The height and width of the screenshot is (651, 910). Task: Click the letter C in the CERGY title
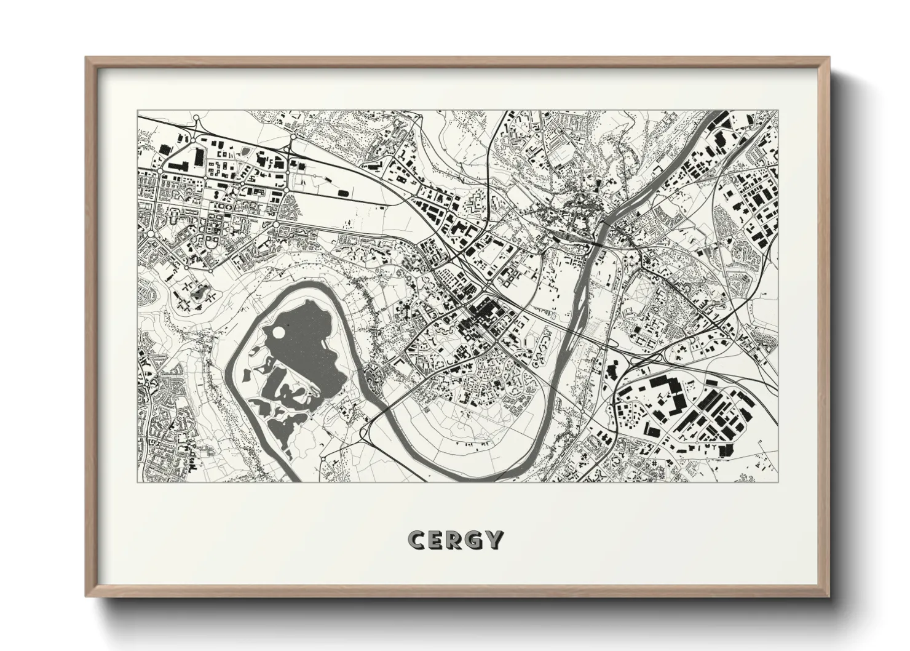pyautogui.click(x=416, y=540)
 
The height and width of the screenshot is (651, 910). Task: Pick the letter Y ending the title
pyautogui.click(x=494, y=540)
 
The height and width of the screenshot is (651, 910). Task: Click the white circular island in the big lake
pyautogui.click(x=279, y=333)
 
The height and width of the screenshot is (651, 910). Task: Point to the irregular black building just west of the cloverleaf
pyautogui.click(x=611, y=369)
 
